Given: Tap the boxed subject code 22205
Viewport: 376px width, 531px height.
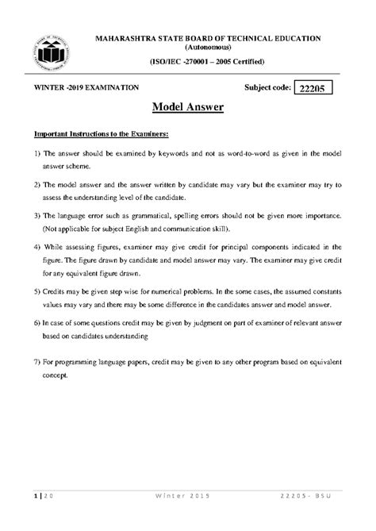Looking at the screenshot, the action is pos(313,89).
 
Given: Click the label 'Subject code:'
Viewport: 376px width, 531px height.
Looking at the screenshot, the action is pos(262,88).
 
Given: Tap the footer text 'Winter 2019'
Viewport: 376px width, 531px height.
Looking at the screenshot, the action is pos(187,518).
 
